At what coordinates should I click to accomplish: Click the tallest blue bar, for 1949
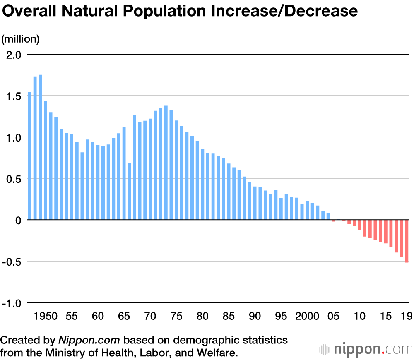pyautogui.click(x=40, y=147)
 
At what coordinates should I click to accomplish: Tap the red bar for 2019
pyautogui.click(x=407, y=241)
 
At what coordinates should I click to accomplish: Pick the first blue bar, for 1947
pyautogui.click(x=30, y=156)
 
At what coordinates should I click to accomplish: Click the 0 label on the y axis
pyautogui.click(x=19, y=220)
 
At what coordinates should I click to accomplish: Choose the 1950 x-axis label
pyautogui.click(x=46, y=317)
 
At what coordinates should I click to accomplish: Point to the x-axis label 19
pyautogui.click(x=407, y=317)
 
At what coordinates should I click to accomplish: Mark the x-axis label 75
pyautogui.click(x=176, y=317)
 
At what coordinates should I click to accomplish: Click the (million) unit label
pyautogui.click(x=20, y=39)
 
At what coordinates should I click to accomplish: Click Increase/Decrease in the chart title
pyautogui.click(x=284, y=11)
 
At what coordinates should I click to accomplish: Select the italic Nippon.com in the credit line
pyautogui.click(x=89, y=340)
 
